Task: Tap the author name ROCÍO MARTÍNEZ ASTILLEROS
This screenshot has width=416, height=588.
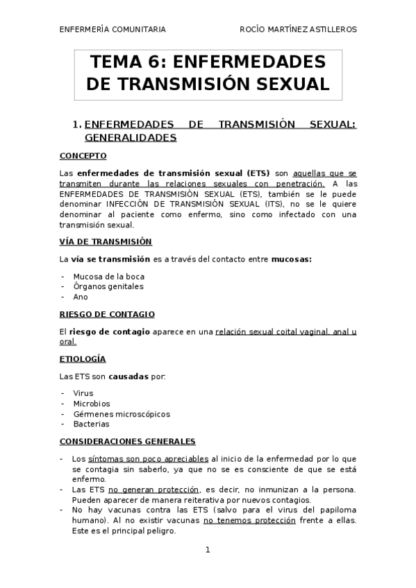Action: click(x=299, y=30)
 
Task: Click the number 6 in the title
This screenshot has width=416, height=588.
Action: click(x=155, y=62)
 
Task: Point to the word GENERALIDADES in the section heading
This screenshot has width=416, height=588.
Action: click(x=135, y=138)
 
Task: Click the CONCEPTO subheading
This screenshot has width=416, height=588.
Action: click(x=83, y=156)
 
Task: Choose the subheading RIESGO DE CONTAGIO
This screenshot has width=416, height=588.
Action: click(x=106, y=314)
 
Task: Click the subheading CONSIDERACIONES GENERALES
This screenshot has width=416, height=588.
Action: click(x=127, y=441)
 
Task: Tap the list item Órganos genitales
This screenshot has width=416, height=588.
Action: click(x=108, y=286)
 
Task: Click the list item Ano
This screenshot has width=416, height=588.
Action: click(x=81, y=296)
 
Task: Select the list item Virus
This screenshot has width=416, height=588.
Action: click(x=83, y=393)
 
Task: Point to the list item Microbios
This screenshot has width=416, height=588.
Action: click(x=91, y=404)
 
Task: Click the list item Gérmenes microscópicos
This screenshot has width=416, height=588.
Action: click(x=121, y=414)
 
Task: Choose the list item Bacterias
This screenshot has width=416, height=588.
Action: click(x=91, y=424)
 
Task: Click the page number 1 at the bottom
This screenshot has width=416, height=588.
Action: click(x=208, y=551)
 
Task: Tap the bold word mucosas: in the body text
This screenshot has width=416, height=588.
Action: click(x=291, y=259)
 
